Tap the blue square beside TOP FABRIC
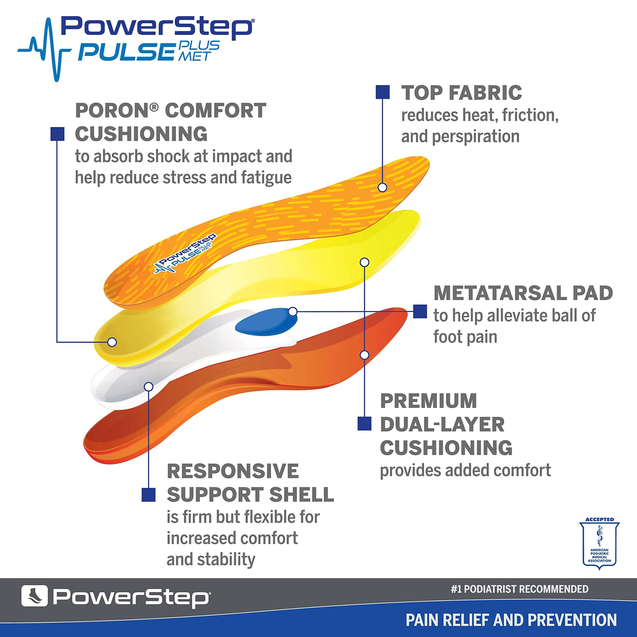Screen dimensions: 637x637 tap(382, 92)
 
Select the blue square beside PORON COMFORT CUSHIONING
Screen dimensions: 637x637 tap(57, 134)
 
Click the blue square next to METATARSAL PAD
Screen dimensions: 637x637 tap(420, 311)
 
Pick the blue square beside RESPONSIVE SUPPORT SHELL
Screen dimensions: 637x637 tap(148, 495)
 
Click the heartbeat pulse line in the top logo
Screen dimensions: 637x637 tap(46, 50)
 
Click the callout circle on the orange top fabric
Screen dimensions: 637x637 tap(382, 188)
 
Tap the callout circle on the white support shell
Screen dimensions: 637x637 tap(149, 386)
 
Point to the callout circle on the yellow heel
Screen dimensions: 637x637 tap(112, 342)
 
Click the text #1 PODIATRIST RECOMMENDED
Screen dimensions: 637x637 tap(519, 589)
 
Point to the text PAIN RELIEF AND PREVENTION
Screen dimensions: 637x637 tap(511, 620)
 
